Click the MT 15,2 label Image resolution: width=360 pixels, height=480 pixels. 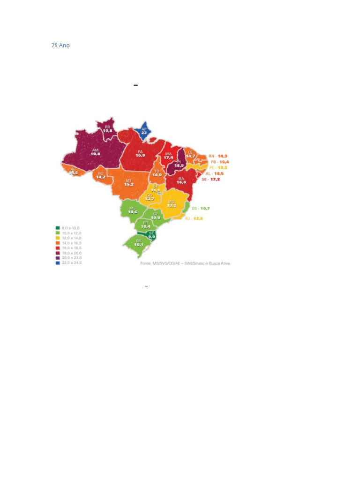click(x=129, y=182)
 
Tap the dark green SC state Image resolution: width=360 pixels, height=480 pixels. click(x=151, y=235)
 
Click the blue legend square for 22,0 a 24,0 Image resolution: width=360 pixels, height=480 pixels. click(x=58, y=263)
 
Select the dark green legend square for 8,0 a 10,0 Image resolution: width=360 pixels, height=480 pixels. click(x=58, y=228)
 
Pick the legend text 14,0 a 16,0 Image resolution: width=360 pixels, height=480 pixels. click(x=72, y=243)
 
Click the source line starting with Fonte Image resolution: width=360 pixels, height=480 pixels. click(x=186, y=263)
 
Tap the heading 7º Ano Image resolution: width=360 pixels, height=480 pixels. click(x=60, y=45)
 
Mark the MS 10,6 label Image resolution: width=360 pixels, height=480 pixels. click(x=133, y=210)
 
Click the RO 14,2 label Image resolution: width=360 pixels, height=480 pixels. click(x=100, y=175)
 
